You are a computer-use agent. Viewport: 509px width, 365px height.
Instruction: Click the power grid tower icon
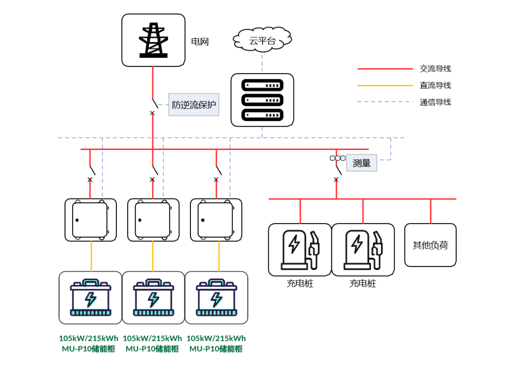(153, 40)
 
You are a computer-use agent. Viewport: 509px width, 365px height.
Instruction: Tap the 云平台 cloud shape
(262, 41)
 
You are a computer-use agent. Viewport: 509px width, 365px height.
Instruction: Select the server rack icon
(262, 100)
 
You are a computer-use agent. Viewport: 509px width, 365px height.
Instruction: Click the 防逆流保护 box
(194, 105)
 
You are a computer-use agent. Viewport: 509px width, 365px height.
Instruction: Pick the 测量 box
(361, 163)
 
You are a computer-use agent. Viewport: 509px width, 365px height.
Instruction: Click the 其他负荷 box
(430, 245)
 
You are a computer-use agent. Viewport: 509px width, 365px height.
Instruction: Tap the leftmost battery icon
(90, 298)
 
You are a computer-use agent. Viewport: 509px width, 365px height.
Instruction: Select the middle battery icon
(153, 298)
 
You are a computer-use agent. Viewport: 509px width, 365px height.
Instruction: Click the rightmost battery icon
(216, 298)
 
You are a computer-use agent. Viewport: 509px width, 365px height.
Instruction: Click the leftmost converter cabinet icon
(90, 220)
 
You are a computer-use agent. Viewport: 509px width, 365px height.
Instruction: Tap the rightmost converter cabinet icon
(216, 220)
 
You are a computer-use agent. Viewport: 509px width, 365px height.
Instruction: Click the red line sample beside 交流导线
(385, 69)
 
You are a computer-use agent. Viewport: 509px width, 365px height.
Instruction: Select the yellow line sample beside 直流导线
(385, 85)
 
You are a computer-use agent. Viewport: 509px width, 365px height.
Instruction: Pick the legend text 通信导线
(435, 102)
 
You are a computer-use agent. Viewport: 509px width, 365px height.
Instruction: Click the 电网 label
(200, 42)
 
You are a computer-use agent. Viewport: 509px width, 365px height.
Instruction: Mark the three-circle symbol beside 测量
(337, 158)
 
